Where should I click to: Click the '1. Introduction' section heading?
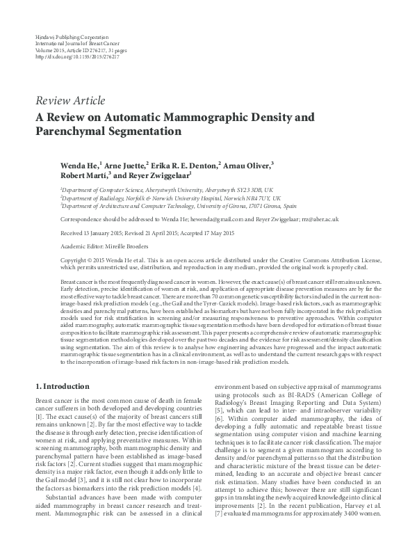[x=62, y=385]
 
